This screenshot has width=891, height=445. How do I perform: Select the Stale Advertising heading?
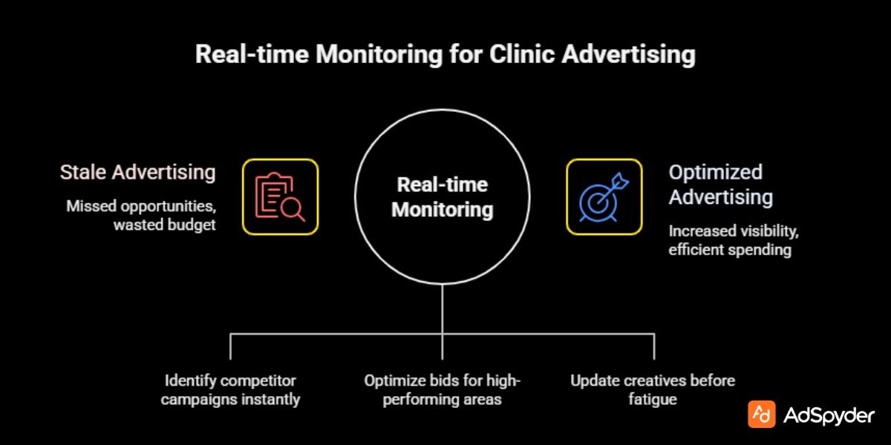138,173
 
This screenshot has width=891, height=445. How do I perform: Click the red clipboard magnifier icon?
280,197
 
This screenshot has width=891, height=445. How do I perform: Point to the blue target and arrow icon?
604,197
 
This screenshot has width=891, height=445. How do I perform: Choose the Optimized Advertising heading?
720,185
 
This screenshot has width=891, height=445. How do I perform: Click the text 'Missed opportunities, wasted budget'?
141,215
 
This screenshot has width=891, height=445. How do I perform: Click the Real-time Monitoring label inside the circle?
442,197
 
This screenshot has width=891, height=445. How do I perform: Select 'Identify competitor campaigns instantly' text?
231,390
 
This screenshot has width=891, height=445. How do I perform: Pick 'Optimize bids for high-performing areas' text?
443,390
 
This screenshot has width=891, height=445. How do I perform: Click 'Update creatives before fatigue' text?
653,390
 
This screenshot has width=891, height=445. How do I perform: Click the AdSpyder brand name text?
829,415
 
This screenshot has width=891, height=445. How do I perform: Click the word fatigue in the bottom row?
653,400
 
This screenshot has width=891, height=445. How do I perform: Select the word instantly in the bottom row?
274,400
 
